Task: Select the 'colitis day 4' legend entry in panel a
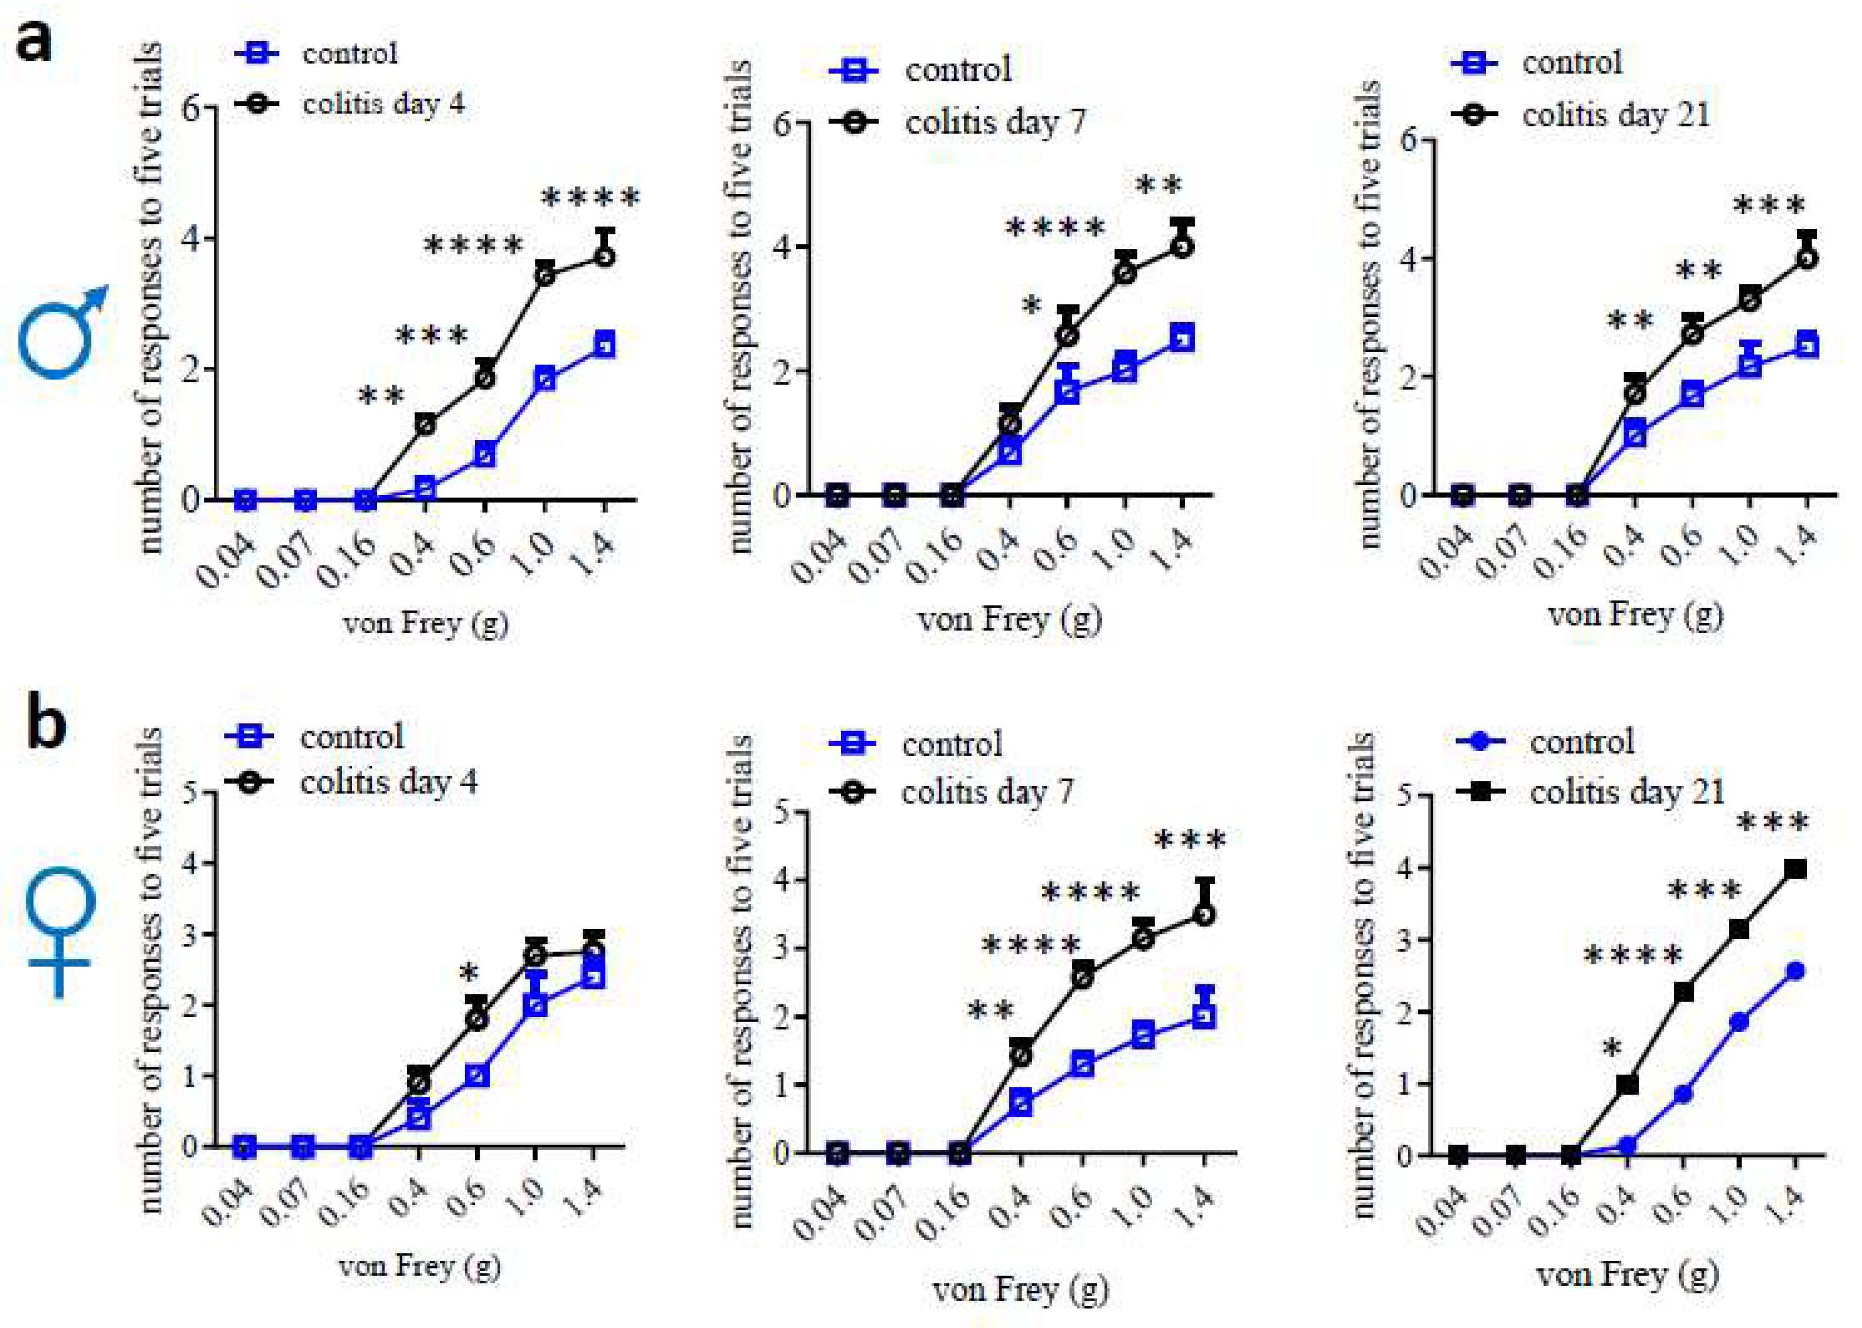(x=382, y=104)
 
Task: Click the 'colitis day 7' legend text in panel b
(x=987, y=791)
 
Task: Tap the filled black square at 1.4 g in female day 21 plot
(x=1795, y=869)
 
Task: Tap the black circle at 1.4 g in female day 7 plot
(x=1203, y=915)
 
